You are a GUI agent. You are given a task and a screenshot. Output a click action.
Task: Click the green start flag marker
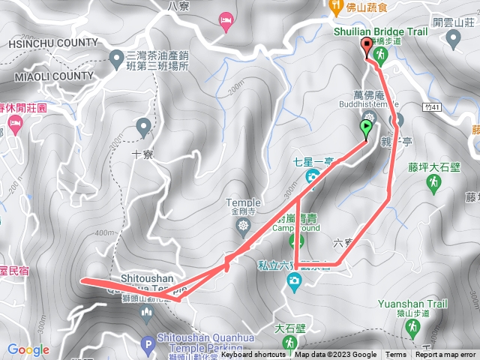tap(366, 128)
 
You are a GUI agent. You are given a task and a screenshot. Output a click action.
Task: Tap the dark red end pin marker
tap(367, 49)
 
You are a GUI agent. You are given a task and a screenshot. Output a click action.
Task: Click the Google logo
tap(28, 350)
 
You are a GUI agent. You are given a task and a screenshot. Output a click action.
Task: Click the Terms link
tap(396, 355)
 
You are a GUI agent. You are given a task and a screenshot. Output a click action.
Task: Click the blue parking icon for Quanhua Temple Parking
tap(147, 346)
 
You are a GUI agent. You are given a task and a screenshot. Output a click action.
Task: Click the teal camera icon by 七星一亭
tap(311, 177)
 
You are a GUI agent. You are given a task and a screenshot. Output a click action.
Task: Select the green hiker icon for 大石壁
tap(289, 343)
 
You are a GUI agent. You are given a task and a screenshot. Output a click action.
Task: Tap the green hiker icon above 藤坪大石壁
tap(433, 183)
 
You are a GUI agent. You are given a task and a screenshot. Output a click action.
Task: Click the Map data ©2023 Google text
tap(335, 355)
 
